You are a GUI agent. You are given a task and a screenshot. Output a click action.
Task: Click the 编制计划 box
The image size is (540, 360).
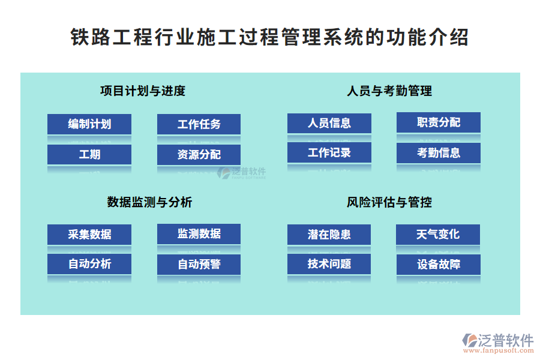pos(89,124)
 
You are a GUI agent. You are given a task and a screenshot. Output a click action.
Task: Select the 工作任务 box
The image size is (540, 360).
pos(199,124)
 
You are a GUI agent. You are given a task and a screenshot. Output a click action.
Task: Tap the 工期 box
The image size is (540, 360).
pos(89,154)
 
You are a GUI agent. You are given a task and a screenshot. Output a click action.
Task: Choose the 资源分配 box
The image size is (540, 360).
pos(199,154)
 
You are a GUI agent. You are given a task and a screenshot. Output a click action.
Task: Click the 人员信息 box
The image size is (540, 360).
pos(329,123)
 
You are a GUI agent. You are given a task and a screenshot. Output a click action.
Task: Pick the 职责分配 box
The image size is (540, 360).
pos(438,122)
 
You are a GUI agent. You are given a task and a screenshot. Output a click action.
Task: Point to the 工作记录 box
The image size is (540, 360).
pos(329,152)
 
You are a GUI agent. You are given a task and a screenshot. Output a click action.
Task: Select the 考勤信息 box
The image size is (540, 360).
pos(438,152)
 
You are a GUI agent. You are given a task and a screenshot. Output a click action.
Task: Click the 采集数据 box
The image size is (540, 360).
pos(89,234)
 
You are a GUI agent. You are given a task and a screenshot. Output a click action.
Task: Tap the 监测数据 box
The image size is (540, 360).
pos(199,233)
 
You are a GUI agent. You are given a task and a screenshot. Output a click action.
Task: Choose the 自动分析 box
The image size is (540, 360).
pos(89,263)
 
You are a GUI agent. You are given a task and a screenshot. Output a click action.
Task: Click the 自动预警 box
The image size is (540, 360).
pos(199,264)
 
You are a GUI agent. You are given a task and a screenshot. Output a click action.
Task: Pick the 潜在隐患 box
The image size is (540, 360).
pos(329,234)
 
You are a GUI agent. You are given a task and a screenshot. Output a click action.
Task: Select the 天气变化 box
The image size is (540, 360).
pos(438,234)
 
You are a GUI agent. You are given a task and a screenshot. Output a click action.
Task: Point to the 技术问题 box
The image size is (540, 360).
pos(329,263)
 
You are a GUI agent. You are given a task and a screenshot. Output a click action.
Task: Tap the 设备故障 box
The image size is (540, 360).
pos(438,264)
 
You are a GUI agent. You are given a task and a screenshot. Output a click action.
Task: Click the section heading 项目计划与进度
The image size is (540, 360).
pos(143,91)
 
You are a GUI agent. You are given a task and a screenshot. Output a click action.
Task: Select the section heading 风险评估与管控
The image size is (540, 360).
pos(389,202)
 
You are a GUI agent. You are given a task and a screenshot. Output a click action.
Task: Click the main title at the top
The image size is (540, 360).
pos(269,37)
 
